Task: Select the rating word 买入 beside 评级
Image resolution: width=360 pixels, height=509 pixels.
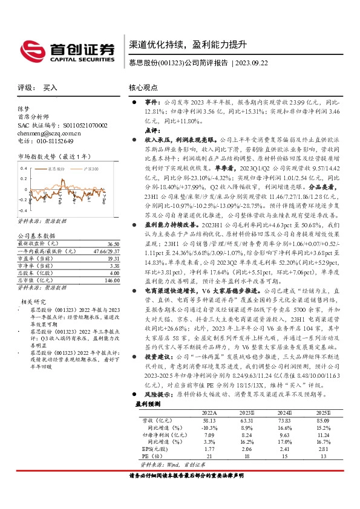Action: pos(50,88)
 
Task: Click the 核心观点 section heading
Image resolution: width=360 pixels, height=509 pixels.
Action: pos(143,88)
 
